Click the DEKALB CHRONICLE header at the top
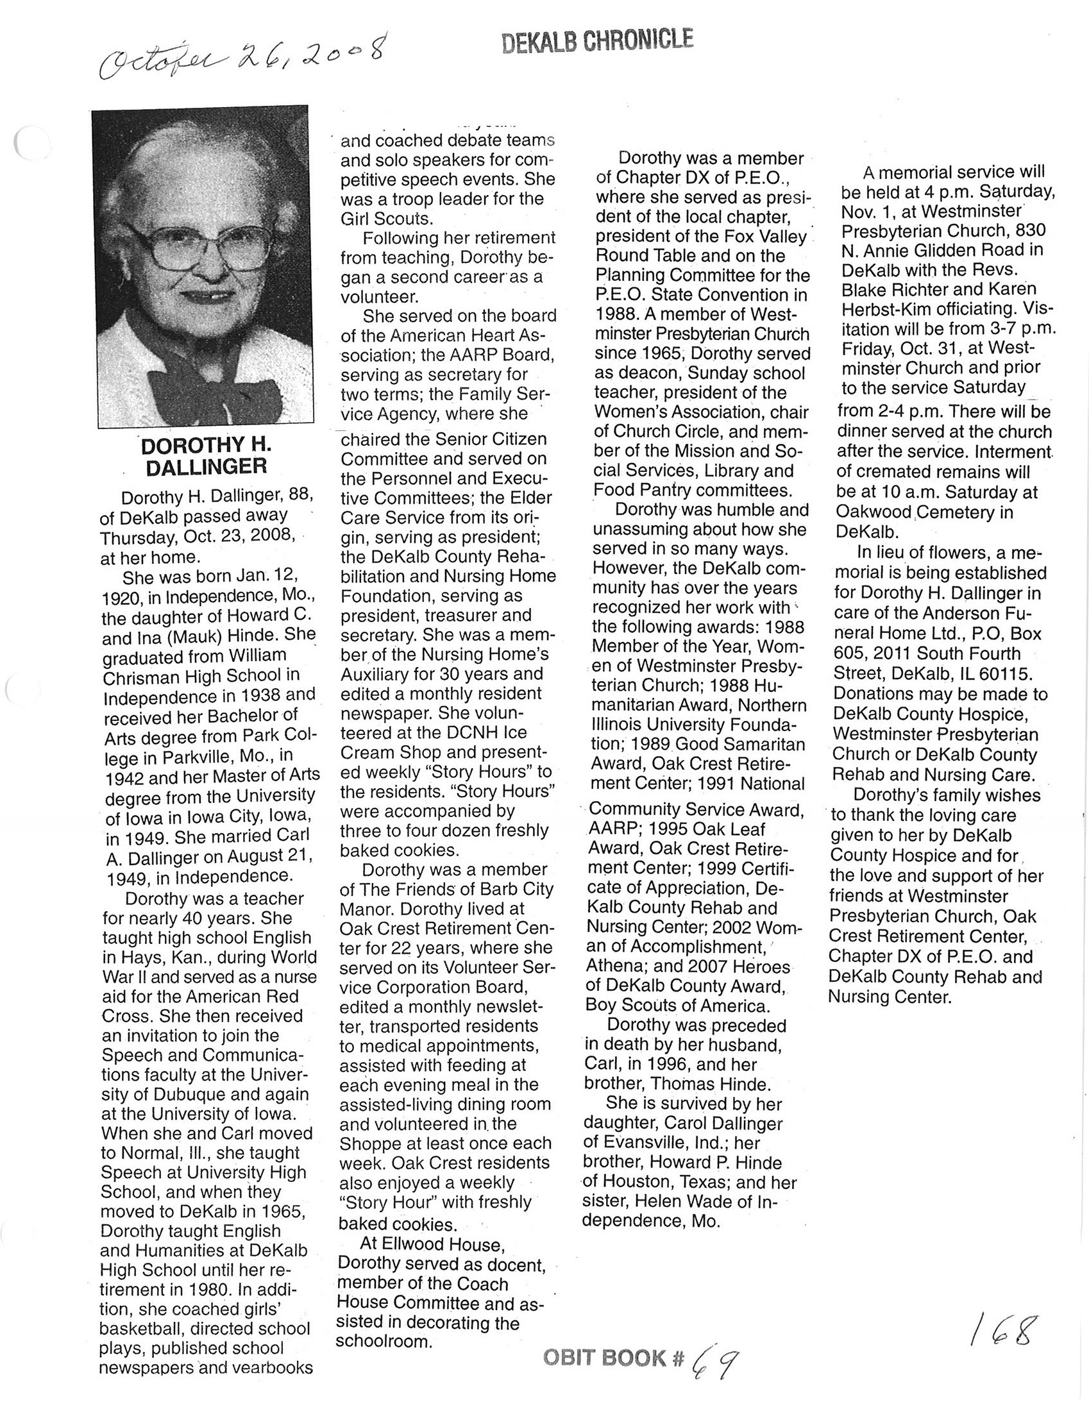tap(596, 42)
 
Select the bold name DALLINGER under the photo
tap(206, 466)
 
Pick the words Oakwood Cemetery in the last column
tap(924, 512)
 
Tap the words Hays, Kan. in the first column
tap(171, 958)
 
